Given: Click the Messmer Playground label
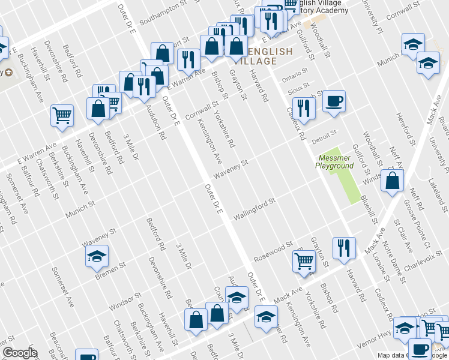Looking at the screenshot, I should pos(334,161).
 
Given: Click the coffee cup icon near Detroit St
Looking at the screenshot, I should pos(334,101).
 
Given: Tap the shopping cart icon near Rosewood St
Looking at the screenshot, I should pos(304,262).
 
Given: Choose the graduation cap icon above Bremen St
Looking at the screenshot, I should pos(97,257).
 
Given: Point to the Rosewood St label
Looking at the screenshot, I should pos(273,251).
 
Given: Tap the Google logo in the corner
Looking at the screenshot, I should pos(20,353).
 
